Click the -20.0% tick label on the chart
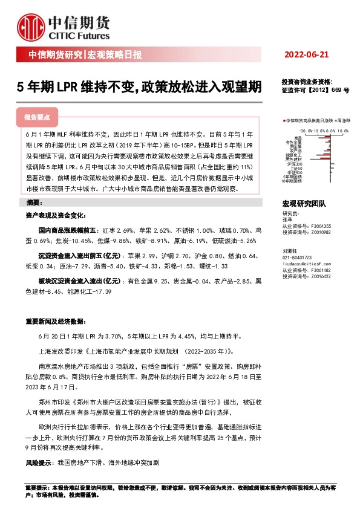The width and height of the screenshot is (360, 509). tap(306, 130)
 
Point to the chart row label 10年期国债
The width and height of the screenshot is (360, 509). tap(294, 181)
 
